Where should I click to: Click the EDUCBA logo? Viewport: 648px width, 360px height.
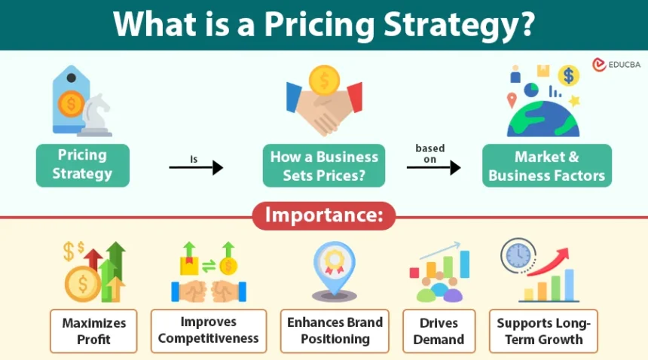pyautogui.click(x=616, y=65)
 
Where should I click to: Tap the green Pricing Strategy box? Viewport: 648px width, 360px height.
pyautogui.click(x=83, y=165)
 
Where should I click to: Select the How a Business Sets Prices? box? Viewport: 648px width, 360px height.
pyautogui.click(x=324, y=166)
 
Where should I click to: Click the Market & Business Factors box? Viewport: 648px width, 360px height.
pyautogui.click(x=547, y=166)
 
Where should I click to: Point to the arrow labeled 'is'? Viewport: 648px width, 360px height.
pyautogui.click(x=197, y=167)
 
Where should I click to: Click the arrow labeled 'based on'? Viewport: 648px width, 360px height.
pyautogui.click(x=433, y=167)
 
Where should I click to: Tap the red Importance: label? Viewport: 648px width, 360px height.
pyautogui.click(x=324, y=215)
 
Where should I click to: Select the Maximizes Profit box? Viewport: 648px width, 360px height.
pyautogui.click(x=93, y=331)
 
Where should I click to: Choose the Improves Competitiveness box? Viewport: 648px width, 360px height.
pyautogui.click(x=209, y=331)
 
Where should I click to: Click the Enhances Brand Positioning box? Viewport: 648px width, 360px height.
pyautogui.click(x=335, y=331)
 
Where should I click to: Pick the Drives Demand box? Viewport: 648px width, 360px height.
pyautogui.click(x=439, y=331)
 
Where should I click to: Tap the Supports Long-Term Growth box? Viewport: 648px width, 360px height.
pyautogui.click(x=543, y=331)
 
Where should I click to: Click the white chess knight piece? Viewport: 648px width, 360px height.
pyautogui.click(x=96, y=115)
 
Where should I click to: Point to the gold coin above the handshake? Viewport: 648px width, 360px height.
pyautogui.click(x=324, y=81)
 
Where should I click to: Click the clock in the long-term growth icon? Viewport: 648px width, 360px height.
pyautogui.click(x=518, y=255)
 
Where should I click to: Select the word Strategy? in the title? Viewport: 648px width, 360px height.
pyautogui.click(x=460, y=25)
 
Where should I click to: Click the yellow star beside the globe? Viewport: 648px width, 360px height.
pyautogui.click(x=574, y=100)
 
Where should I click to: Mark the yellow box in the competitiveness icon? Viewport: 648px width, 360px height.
pyautogui.click(x=189, y=265)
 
